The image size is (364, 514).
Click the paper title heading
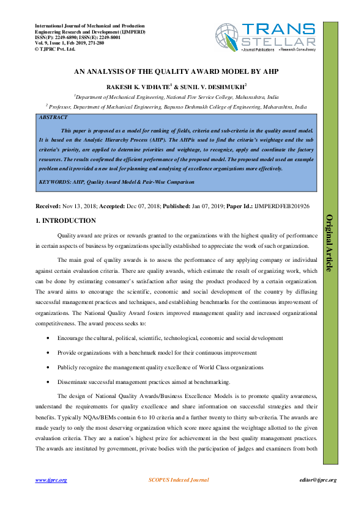click(x=176, y=71)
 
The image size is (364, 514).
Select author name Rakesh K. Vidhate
click(x=136, y=87)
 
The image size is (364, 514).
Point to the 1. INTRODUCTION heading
click(x=65, y=220)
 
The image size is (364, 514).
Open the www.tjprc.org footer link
click(x=51, y=480)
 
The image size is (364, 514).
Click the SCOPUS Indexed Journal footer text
click(x=179, y=480)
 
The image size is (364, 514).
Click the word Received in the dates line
click(x=48, y=207)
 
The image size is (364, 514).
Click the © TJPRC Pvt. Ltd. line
click(x=56, y=48)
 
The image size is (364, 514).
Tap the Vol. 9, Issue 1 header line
click(x=69, y=43)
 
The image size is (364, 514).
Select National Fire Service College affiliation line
click(x=176, y=96)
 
